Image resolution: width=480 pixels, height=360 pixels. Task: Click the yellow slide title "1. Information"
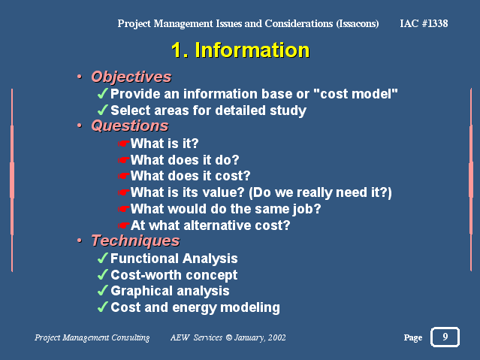(x=240, y=50)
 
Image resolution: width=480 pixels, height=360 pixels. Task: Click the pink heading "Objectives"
(x=131, y=77)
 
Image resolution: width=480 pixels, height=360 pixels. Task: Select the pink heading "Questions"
(x=130, y=126)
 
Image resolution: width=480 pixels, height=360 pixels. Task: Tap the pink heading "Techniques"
(x=135, y=241)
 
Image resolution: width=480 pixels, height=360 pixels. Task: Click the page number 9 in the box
(x=445, y=337)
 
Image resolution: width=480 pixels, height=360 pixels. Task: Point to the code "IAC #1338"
(x=424, y=23)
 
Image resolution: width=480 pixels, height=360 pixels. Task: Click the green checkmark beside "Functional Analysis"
(x=103, y=258)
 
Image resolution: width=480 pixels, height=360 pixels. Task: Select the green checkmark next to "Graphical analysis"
(x=103, y=290)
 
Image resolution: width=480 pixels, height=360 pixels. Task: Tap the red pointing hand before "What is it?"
(x=124, y=144)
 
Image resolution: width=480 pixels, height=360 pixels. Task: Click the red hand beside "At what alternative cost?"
(x=124, y=225)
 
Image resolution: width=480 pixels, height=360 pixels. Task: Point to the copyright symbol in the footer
(x=228, y=337)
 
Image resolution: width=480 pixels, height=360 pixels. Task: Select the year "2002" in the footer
(x=277, y=337)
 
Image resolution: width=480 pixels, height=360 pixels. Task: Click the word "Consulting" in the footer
(x=131, y=337)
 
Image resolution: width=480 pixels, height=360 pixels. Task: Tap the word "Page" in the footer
(x=413, y=337)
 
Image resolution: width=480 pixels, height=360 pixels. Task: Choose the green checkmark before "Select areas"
(x=103, y=110)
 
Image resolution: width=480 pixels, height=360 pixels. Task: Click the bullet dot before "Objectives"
(x=80, y=77)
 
